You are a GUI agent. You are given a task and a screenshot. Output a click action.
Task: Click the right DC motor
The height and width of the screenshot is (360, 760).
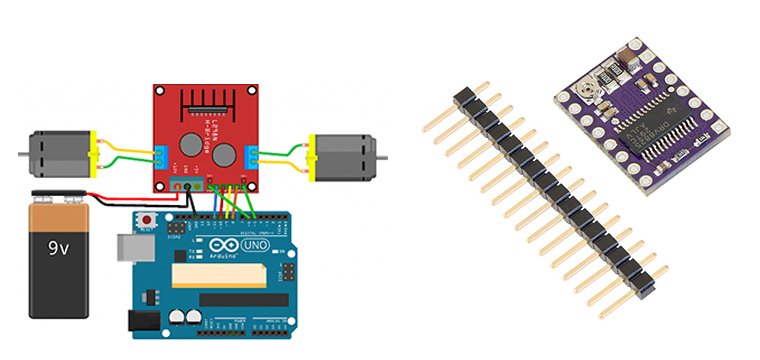coord(345,156)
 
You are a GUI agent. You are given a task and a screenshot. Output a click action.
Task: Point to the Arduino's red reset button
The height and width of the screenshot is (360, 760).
coord(149,219)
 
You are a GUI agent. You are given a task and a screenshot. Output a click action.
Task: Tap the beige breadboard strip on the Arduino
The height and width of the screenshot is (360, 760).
coord(215,275)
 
